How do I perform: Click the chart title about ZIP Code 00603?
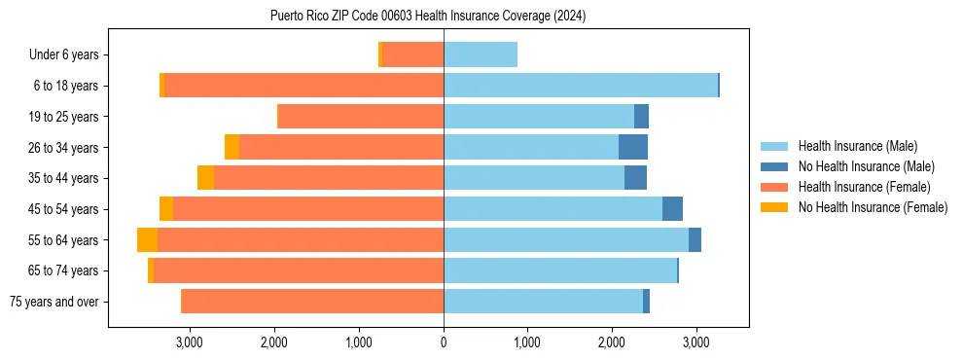click(x=428, y=17)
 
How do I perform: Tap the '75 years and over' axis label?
click(x=53, y=302)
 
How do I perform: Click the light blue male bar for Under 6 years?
click(x=481, y=55)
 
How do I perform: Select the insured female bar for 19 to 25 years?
click(x=360, y=117)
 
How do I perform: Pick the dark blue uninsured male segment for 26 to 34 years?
click(x=633, y=148)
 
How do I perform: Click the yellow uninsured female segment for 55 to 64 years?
click(x=147, y=240)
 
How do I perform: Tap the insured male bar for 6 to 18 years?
click(x=581, y=86)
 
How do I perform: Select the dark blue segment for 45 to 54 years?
click(x=672, y=209)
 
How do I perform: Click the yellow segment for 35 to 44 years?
click(x=205, y=178)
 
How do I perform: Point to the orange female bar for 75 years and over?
click(x=312, y=302)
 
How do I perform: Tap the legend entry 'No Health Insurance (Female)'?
click(x=873, y=207)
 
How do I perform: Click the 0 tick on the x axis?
click(x=444, y=342)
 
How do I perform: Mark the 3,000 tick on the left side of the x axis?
click(x=189, y=342)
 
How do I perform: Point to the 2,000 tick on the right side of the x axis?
click(x=611, y=342)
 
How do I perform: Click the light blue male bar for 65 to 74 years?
click(x=560, y=270)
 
